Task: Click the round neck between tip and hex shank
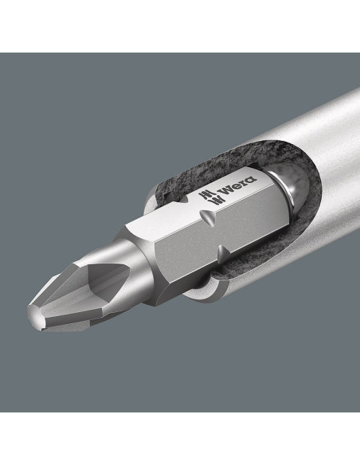(132, 261)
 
